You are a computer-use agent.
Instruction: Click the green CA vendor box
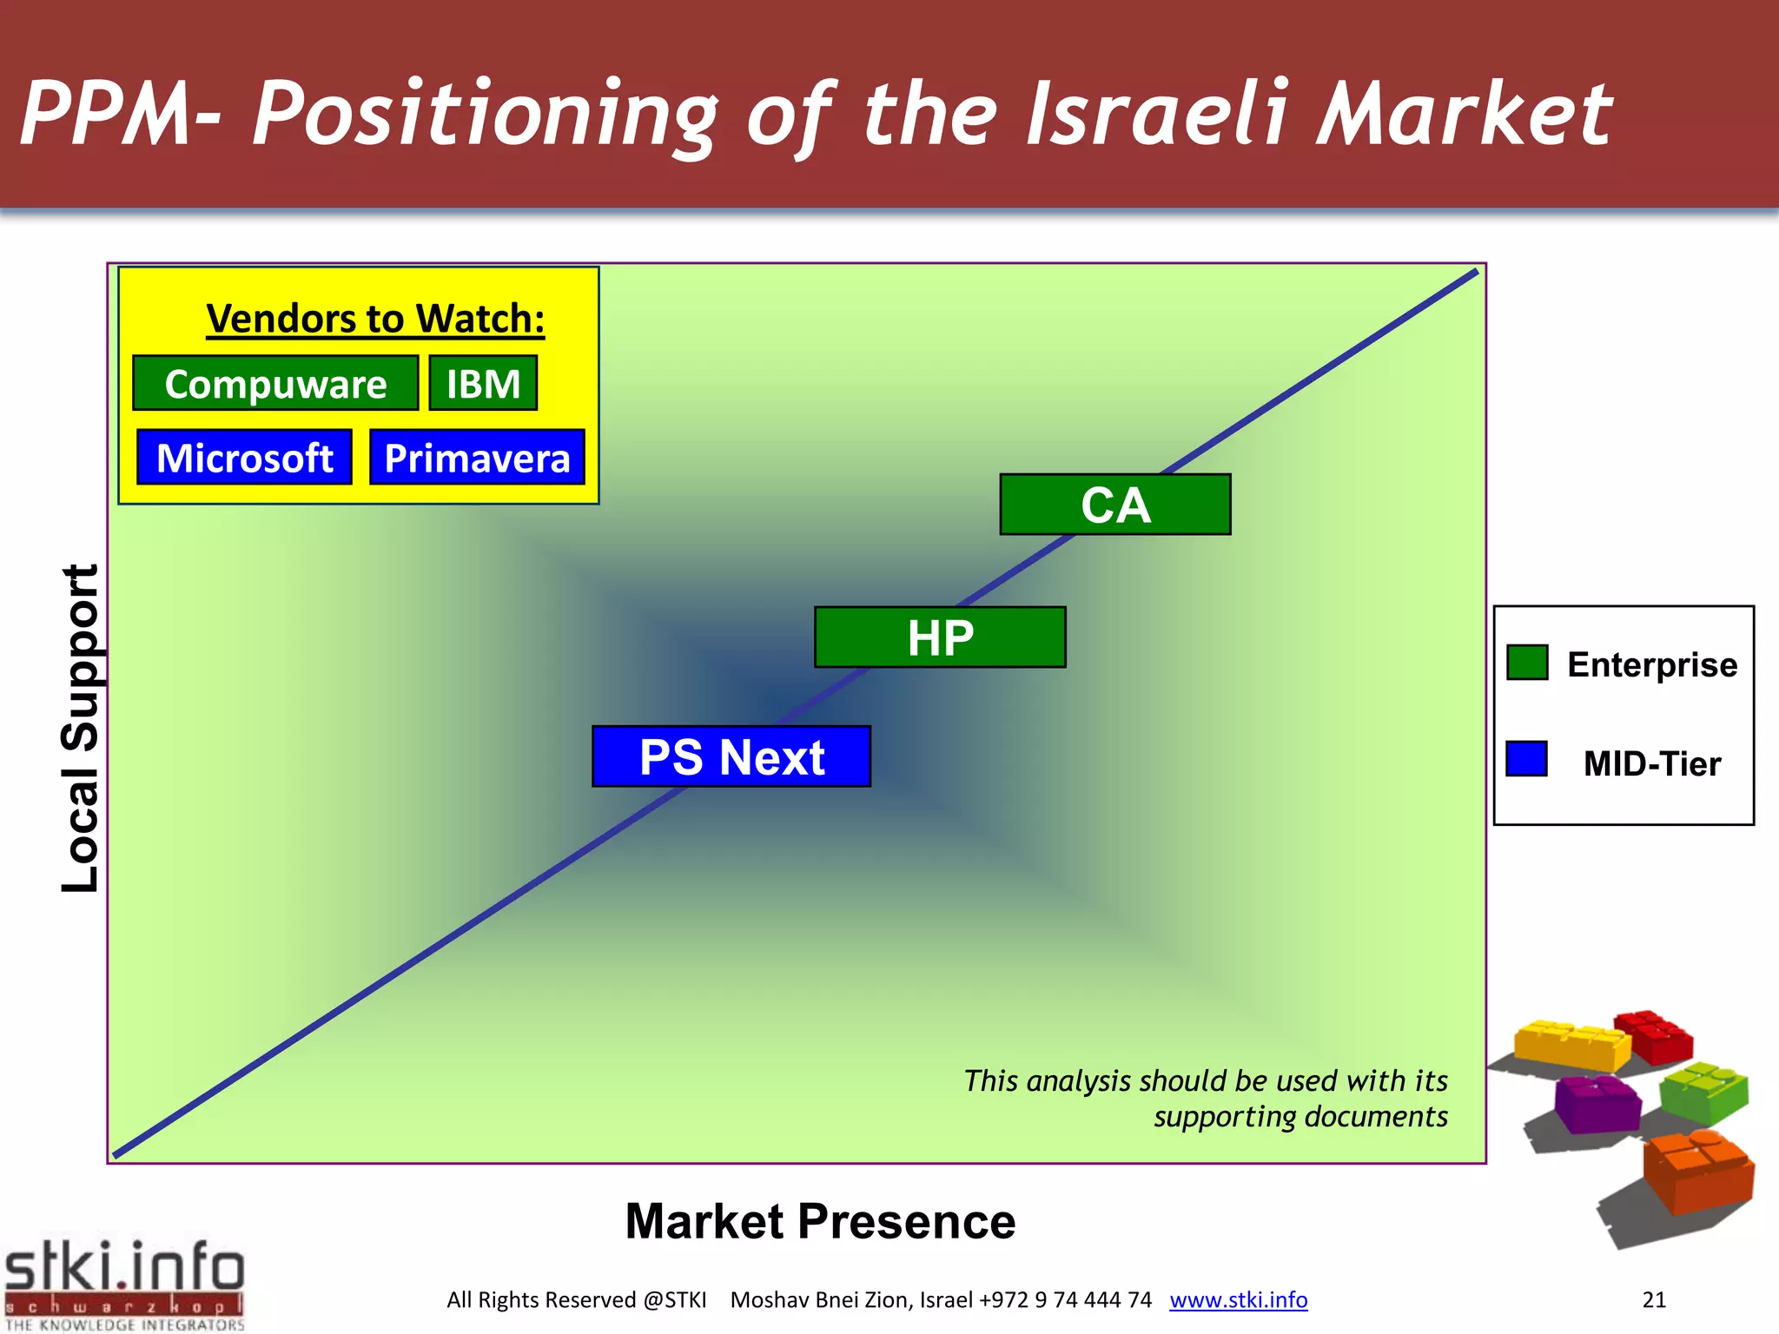pos(1115,505)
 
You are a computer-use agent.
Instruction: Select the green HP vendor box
pos(940,637)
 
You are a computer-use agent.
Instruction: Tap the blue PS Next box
pos(731,756)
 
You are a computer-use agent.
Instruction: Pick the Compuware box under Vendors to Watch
pos(275,383)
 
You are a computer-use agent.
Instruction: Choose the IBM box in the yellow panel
pos(483,383)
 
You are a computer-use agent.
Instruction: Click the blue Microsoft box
pos(244,457)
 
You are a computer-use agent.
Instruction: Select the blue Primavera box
pos(477,457)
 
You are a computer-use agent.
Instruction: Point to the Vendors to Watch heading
pos(375,319)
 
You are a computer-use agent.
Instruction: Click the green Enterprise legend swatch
pos(1527,663)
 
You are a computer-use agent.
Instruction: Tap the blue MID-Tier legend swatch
pos(1526,758)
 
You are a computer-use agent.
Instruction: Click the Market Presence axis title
pos(820,1221)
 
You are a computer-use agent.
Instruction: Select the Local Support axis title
pos(80,728)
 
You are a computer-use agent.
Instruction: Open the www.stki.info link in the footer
pos(1238,1299)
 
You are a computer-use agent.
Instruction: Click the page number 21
pos(1654,1299)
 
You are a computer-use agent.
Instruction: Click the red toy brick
pos(1656,1036)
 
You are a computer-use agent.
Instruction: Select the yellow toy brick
pos(1571,1045)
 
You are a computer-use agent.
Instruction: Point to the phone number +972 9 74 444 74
pos(1065,1299)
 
